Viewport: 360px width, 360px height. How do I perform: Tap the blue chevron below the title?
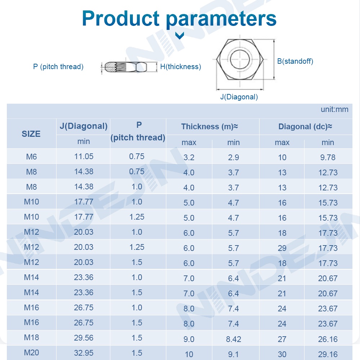(179, 35)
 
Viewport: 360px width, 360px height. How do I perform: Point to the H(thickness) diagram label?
(180, 67)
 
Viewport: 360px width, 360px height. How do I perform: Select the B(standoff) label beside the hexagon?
(295, 61)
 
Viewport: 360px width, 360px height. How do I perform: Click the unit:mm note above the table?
(334, 109)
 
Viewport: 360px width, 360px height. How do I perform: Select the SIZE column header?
(31, 134)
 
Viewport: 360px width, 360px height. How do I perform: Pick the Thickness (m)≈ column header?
(210, 127)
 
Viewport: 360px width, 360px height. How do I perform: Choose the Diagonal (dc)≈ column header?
(305, 127)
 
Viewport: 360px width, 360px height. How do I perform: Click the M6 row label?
(31, 157)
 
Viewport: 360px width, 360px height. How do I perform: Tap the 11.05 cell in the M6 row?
(84, 157)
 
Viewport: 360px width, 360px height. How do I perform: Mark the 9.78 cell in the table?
(328, 157)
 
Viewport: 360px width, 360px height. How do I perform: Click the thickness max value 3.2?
(189, 157)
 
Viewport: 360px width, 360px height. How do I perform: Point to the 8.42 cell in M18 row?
(233, 339)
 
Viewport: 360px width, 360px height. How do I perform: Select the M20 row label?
(31, 353)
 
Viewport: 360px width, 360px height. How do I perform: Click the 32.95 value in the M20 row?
(84, 353)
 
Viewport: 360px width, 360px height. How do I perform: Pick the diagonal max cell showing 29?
(282, 248)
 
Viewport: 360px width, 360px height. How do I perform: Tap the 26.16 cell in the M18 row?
(328, 339)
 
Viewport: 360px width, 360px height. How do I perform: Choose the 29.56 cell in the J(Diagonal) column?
(84, 338)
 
